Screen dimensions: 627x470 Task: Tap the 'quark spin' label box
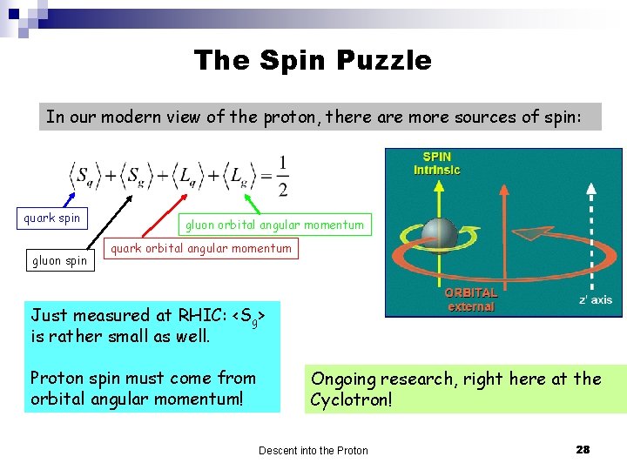coord(52,218)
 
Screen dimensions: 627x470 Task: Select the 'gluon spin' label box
coord(59,260)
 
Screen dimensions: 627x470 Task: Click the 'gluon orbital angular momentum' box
coord(274,225)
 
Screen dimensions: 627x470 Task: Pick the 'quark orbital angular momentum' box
coord(201,249)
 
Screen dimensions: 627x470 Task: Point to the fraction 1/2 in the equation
coord(282,177)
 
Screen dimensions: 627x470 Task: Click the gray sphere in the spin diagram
coord(440,233)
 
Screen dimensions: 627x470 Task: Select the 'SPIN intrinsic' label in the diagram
coord(437,163)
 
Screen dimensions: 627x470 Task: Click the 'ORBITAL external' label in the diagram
coord(471,299)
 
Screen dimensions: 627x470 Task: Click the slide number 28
coord(583,449)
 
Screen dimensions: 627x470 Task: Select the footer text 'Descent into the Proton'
coord(313,450)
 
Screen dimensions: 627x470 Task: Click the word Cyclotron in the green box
coord(352,400)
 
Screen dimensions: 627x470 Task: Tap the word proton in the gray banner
coord(287,117)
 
